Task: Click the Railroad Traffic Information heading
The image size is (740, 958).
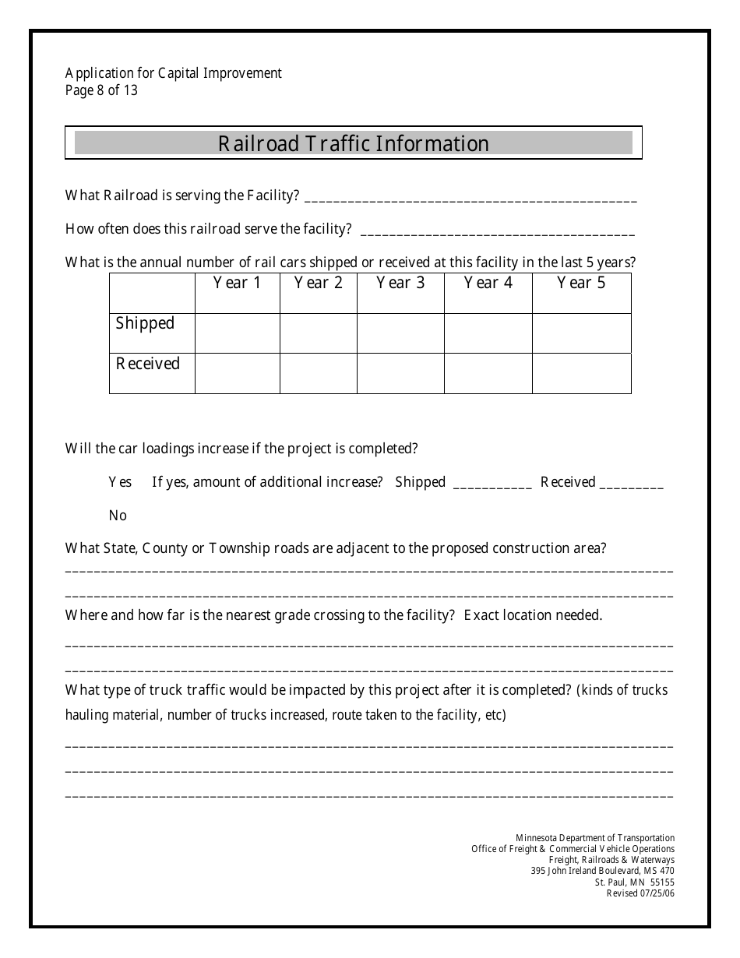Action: tap(353, 144)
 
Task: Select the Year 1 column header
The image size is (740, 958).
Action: tap(237, 283)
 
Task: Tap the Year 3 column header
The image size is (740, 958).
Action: tap(400, 283)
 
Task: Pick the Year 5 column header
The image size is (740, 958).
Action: tap(581, 283)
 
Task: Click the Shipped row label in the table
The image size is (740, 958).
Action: tap(146, 323)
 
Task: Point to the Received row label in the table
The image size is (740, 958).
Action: tap(148, 364)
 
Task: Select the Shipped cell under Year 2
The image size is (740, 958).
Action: tap(318, 333)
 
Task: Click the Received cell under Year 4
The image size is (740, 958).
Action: tap(488, 373)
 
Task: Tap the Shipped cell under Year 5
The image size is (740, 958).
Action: tap(581, 333)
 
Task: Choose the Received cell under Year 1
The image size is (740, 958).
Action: tap(237, 373)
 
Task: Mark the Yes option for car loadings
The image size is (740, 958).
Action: tap(120, 482)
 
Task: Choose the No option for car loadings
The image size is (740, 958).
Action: tap(118, 516)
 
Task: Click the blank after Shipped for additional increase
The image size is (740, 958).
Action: tap(492, 484)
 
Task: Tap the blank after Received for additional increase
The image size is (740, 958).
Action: tap(632, 484)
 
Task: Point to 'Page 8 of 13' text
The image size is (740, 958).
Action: tap(101, 90)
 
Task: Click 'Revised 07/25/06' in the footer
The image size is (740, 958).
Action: tap(640, 893)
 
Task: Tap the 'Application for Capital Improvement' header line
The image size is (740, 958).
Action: tap(174, 73)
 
